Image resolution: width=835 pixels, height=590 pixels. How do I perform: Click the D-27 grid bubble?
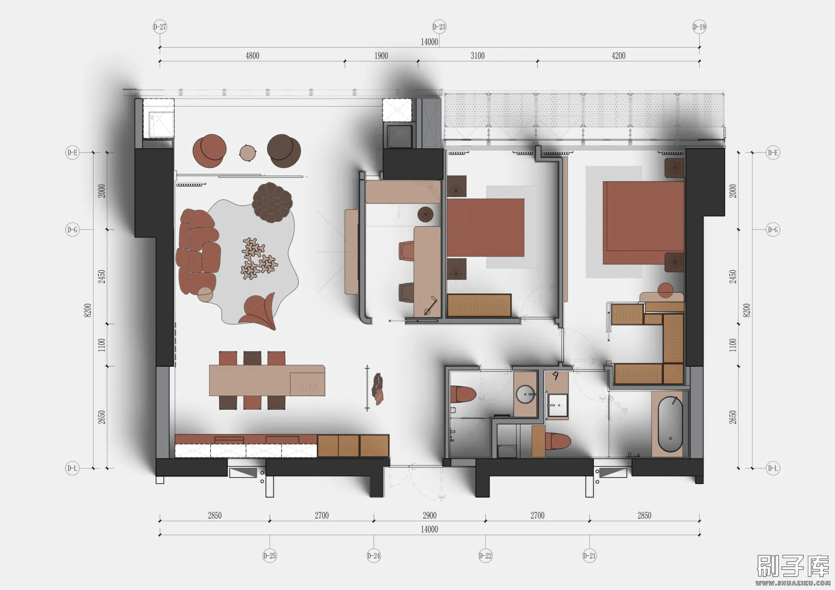click(x=160, y=27)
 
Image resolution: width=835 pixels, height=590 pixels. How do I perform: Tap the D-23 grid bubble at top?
click(x=439, y=27)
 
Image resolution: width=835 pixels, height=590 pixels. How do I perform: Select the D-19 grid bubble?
click(x=699, y=27)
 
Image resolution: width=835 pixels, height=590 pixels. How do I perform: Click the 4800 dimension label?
click(x=252, y=56)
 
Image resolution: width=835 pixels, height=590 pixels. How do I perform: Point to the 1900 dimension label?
click(x=381, y=56)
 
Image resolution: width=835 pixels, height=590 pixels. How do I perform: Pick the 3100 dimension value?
click(x=477, y=56)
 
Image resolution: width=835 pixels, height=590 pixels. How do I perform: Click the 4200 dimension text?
click(x=618, y=56)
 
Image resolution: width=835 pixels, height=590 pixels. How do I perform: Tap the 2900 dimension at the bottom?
click(x=429, y=515)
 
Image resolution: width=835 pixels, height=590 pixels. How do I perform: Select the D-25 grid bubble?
click(x=269, y=555)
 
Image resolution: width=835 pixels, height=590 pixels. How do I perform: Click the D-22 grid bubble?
click(x=485, y=555)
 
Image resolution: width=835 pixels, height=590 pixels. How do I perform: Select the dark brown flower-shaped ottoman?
click(x=272, y=203)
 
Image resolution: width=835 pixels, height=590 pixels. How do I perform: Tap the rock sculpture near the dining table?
click(x=377, y=389)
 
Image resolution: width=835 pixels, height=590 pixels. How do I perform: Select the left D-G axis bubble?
click(x=72, y=230)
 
